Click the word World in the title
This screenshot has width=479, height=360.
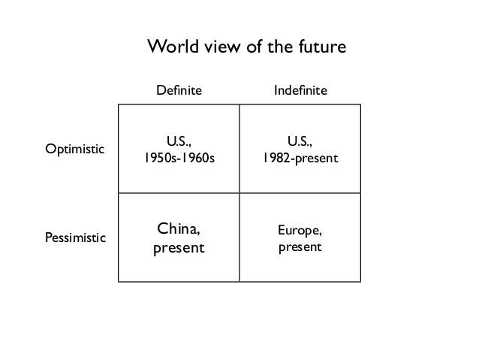[169, 47]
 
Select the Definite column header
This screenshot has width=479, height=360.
[179, 90]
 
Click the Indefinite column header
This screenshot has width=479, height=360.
[300, 90]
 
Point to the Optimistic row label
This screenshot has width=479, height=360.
[75, 148]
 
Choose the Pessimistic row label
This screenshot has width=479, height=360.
[76, 238]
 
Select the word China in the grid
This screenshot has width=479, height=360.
[179, 228]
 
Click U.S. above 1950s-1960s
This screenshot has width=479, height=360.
[179, 141]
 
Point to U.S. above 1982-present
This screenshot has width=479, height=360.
[300, 141]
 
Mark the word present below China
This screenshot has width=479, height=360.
[179, 247]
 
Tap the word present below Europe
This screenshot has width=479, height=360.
[300, 247]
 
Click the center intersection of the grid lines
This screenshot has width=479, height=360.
[239, 193]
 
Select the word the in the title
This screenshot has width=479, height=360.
[279, 47]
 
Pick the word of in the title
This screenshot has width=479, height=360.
[250, 47]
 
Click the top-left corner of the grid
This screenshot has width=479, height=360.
[119, 104]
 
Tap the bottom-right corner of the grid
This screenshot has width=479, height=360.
[360, 282]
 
